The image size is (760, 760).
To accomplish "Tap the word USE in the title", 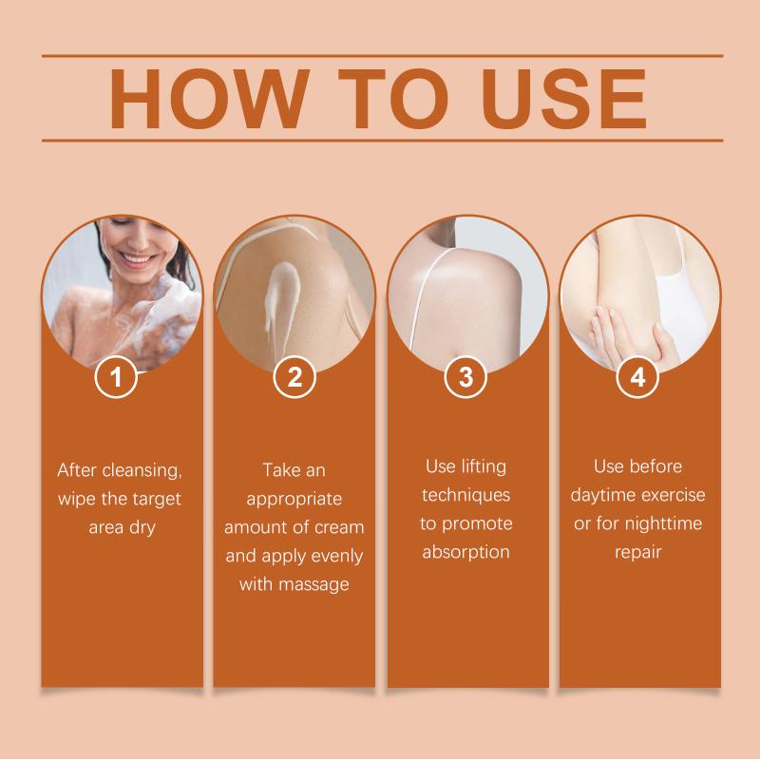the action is click(564, 99).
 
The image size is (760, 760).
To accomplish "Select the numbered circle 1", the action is click(116, 376).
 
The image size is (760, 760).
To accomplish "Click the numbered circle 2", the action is click(294, 376).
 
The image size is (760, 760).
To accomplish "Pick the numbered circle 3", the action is click(465, 376).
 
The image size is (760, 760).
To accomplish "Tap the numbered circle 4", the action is click(637, 376).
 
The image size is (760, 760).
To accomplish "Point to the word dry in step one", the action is click(142, 528).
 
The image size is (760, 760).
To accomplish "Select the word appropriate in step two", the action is click(294, 500).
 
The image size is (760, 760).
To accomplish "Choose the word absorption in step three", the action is click(465, 553).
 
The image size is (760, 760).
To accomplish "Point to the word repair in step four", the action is click(637, 553).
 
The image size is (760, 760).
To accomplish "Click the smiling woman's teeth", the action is click(138, 259).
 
